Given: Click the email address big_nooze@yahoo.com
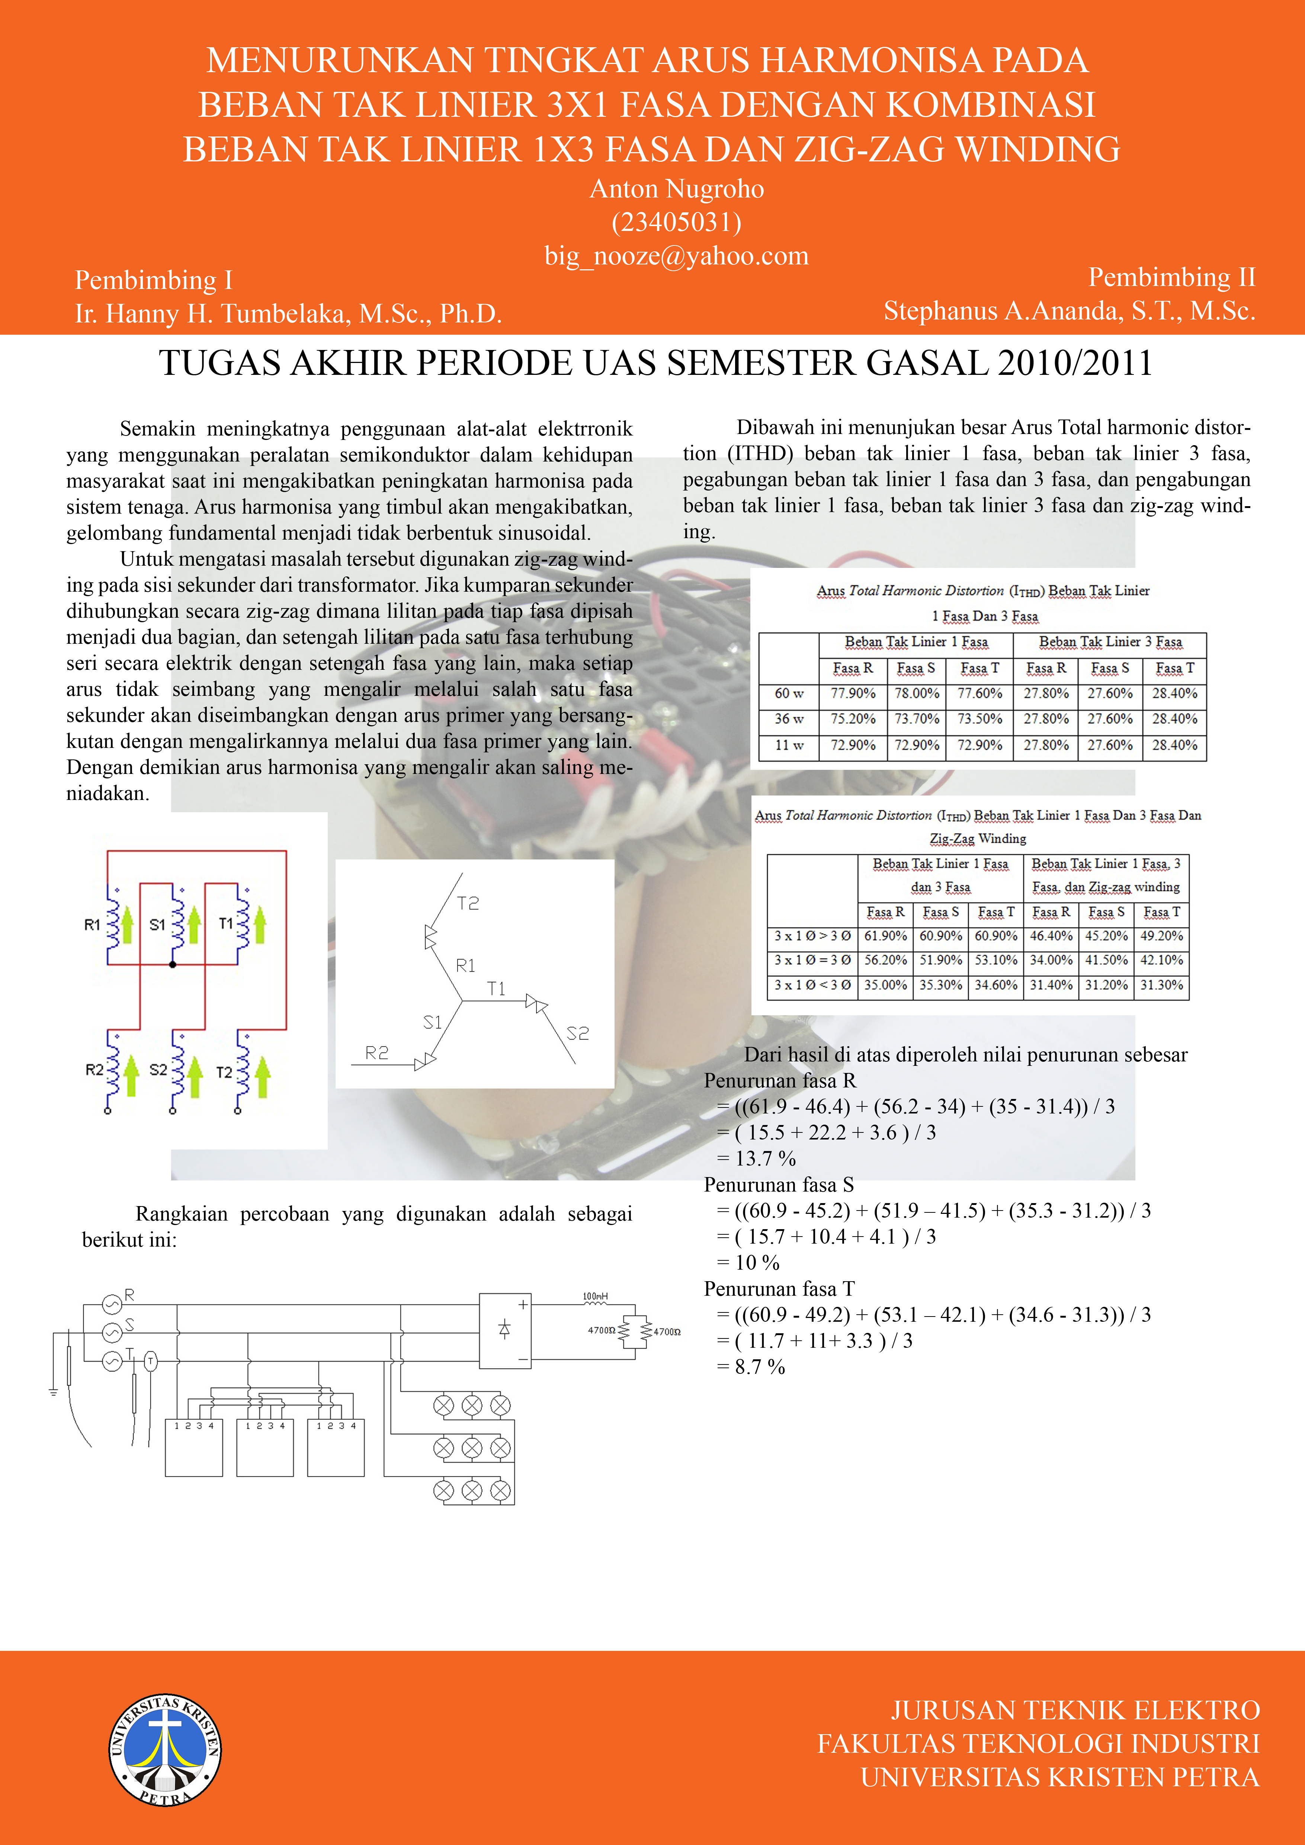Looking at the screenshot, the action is (x=677, y=255).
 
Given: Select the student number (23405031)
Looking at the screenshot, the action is (x=677, y=222).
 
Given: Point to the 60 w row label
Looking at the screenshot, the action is (x=789, y=693).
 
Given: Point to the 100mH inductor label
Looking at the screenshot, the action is (x=596, y=1296).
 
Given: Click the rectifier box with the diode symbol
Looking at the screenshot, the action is (x=505, y=1330).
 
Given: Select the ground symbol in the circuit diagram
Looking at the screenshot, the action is (x=53, y=1392).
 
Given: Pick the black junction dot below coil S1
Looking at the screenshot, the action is (x=173, y=964).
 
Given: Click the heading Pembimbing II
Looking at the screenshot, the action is (x=1171, y=277).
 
